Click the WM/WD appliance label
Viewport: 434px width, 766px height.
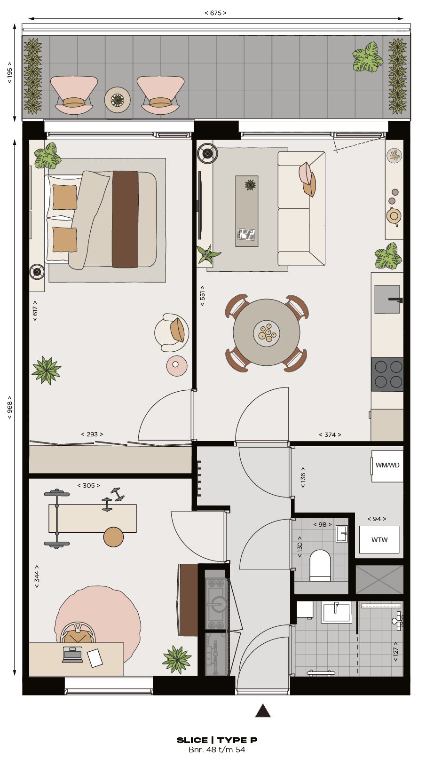click(x=387, y=466)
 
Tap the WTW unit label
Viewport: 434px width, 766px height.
click(x=379, y=540)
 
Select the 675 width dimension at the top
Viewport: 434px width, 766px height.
click(x=215, y=13)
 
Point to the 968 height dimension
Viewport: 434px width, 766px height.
click(x=10, y=407)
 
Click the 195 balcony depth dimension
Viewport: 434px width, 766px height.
click(x=10, y=72)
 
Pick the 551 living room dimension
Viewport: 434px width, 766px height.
click(x=203, y=296)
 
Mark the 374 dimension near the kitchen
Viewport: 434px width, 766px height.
click(x=330, y=435)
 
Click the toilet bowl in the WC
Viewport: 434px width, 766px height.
click(x=321, y=565)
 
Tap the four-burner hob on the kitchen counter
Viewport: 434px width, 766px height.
click(x=387, y=374)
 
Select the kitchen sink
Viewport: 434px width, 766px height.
click(x=387, y=299)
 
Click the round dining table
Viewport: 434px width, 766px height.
click(x=266, y=332)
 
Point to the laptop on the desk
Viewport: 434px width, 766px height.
click(x=72, y=655)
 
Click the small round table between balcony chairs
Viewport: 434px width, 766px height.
click(x=117, y=100)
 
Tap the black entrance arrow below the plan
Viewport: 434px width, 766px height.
click(x=263, y=711)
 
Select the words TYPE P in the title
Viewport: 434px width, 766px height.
click(x=237, y=740)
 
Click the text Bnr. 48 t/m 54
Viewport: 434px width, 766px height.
click(x=217, y=750)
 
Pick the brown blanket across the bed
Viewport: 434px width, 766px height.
click(x=125, y=219)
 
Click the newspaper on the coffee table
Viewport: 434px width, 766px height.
click(x=246, y=234)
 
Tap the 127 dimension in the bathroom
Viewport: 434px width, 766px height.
click(x=396, y=651)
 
